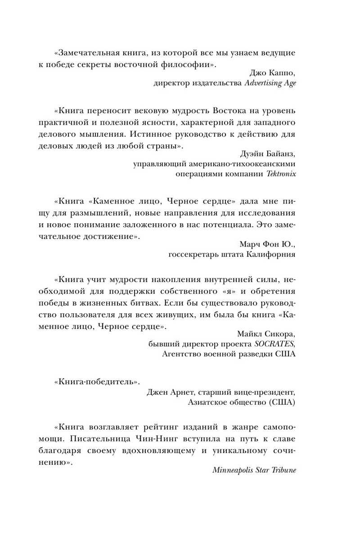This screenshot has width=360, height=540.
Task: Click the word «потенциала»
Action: pyautogui.click(x=241, y=225)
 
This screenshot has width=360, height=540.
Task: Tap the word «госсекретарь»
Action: pyautogui.click(x=190, y=255)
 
